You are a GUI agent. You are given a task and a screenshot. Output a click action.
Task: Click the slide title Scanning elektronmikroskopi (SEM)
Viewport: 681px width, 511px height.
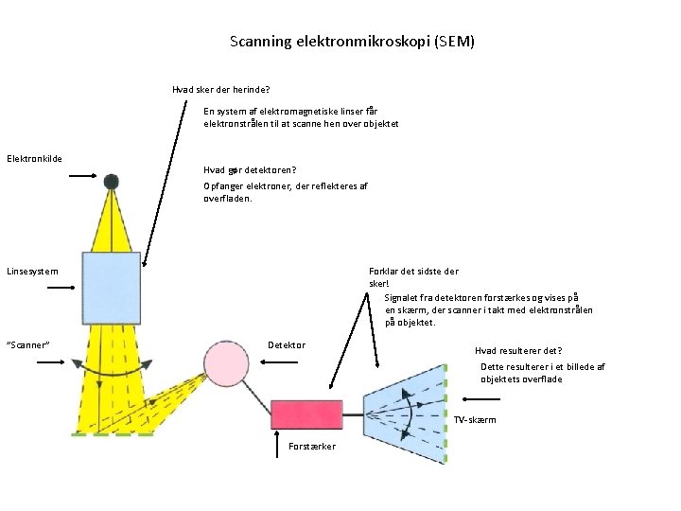tap(352, 42)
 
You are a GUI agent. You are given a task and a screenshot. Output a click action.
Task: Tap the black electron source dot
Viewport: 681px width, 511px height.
tap(112, 181)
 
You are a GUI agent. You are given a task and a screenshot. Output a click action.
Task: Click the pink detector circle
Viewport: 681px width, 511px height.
tap(225, 362)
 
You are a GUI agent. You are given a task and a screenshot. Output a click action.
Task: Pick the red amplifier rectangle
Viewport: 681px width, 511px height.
tap(306, 414)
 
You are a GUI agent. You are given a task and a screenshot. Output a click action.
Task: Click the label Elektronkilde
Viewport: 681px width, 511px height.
tap(34, 158)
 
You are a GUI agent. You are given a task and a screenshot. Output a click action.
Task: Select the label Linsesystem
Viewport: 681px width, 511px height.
tap(32, 272)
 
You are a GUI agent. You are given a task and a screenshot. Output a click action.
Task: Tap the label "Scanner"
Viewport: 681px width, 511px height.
tap(28, 344)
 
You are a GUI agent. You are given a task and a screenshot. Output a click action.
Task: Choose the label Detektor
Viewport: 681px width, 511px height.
tap(287, 344)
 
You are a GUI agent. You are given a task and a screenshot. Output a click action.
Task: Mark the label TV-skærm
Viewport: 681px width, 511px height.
tap(475, 419)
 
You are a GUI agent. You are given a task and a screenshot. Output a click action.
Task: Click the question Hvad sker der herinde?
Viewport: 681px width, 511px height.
tap(220, 90)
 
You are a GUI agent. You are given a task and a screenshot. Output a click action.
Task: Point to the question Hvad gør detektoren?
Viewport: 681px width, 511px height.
tap(250, 170)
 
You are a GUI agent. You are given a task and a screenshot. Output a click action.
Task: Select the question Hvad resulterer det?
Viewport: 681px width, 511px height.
tap(518, 350)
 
